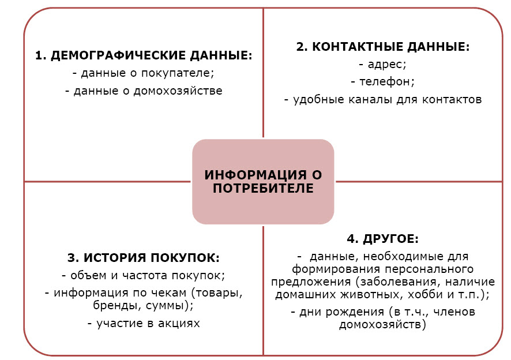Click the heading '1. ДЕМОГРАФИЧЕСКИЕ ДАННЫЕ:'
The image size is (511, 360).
(144, 55)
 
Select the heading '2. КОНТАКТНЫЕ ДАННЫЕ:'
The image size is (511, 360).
(383, 47)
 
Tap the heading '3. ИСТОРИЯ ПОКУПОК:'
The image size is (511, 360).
(144, 257)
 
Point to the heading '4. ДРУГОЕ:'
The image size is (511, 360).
(382, 239)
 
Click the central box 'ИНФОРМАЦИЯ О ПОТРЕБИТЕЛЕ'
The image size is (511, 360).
(263, 181)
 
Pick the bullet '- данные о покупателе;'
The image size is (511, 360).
(144, 73)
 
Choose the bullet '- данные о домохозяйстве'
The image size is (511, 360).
(144, 91)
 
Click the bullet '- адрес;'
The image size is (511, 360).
(382, 65)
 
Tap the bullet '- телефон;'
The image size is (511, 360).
(382, 82)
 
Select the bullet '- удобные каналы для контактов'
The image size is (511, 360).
(382, 99)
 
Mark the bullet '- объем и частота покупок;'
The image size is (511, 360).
(144, 275)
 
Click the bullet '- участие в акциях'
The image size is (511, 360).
(144, 323)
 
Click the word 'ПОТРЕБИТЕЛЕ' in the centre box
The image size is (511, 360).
(263, 189)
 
